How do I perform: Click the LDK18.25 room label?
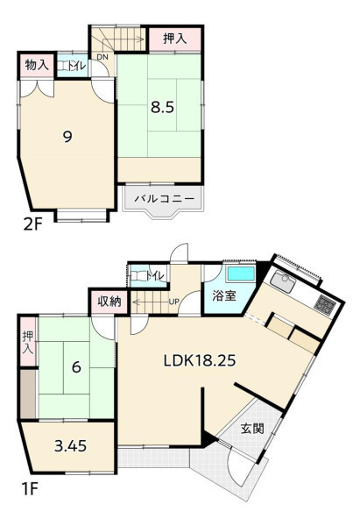click(200, 361)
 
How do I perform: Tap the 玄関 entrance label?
click(252, 429)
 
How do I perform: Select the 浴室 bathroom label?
click(224, 296)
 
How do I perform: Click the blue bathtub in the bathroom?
click(241, 274)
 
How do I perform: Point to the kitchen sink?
click(283, 281)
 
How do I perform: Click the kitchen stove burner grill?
click(325, 303)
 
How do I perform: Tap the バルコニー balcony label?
click(165, 199)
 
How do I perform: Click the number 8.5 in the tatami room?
click(162, 108)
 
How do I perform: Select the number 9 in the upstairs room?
click(67, 137)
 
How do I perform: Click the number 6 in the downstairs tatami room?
click(76, 367)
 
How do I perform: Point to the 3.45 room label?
click(70, 446)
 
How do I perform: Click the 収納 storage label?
click(109, 302)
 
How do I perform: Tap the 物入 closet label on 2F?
click(37, 65)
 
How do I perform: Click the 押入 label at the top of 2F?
click(174, 39)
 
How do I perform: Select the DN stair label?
click(102, 57)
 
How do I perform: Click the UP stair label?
click(174, 302)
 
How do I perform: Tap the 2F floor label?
click(32, 224)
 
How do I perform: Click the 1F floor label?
click(30, 489)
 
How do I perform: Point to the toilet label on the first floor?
click(156, 276)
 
